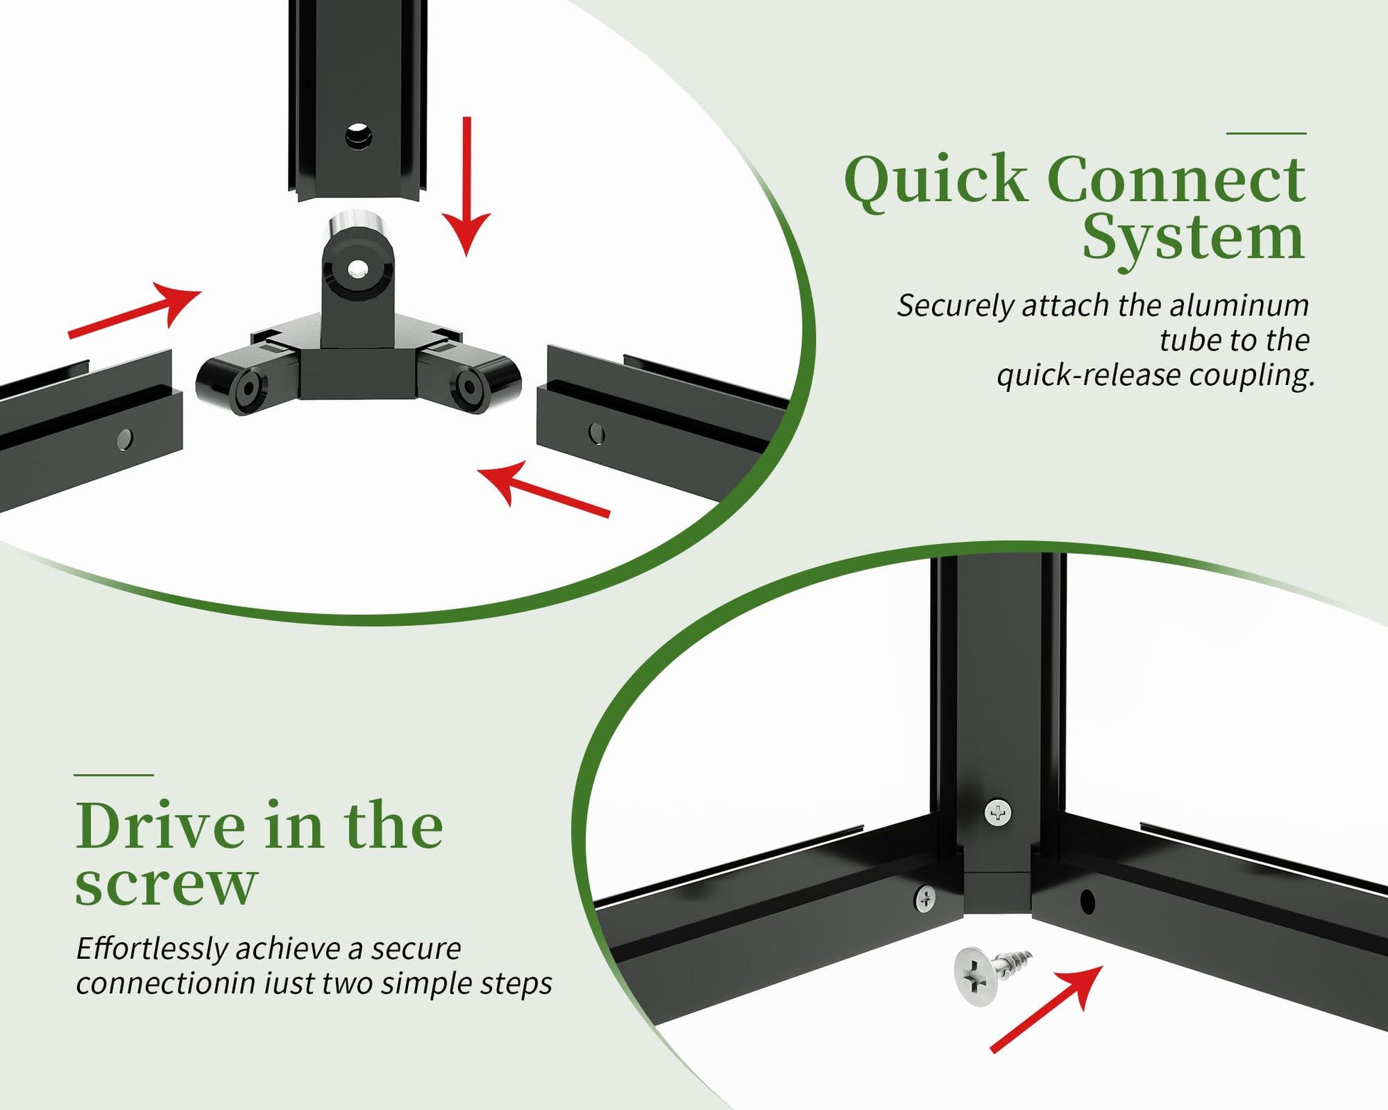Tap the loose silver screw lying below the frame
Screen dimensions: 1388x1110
tap(991, 972)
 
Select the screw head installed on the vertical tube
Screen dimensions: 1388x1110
tap(998, 812)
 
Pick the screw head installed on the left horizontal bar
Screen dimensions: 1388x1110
tap(925, 899)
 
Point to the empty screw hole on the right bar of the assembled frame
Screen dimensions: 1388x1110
tap(1087, 902)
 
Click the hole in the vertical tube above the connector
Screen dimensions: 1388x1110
tap(358, 135)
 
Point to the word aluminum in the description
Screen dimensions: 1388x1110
tap(1240, 305)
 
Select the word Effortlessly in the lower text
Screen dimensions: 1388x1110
tap(152, 949)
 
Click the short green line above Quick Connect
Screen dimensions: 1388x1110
tap(1266, 133)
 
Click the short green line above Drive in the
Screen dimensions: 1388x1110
tap(113, 775)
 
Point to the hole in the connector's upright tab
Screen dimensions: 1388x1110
tap(358, 269)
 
